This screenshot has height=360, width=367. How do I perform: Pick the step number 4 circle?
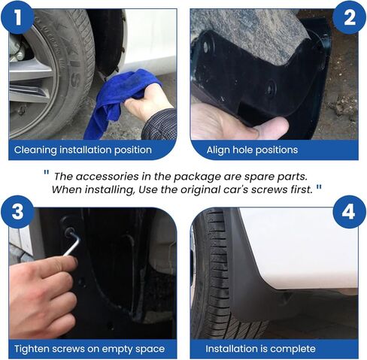tap(349, 213)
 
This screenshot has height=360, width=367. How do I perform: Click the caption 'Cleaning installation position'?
tap(83, 150)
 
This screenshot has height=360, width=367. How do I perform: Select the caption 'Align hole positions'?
tap(251, 150)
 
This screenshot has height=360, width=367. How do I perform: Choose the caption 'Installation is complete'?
tap(261, 349)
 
